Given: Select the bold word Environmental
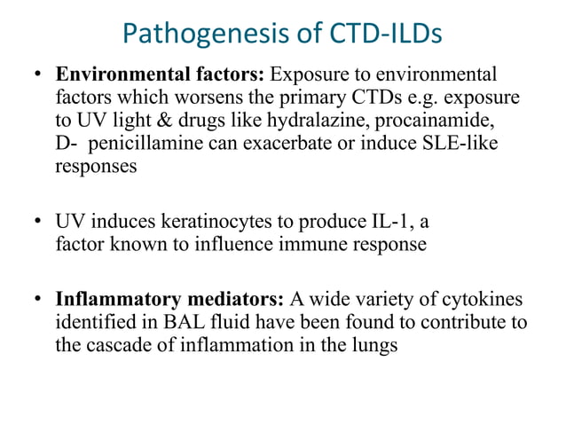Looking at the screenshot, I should pyautogui.click(x=114, y=74).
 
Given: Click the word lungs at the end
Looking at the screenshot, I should pyautogui.click(x=375, y=345).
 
